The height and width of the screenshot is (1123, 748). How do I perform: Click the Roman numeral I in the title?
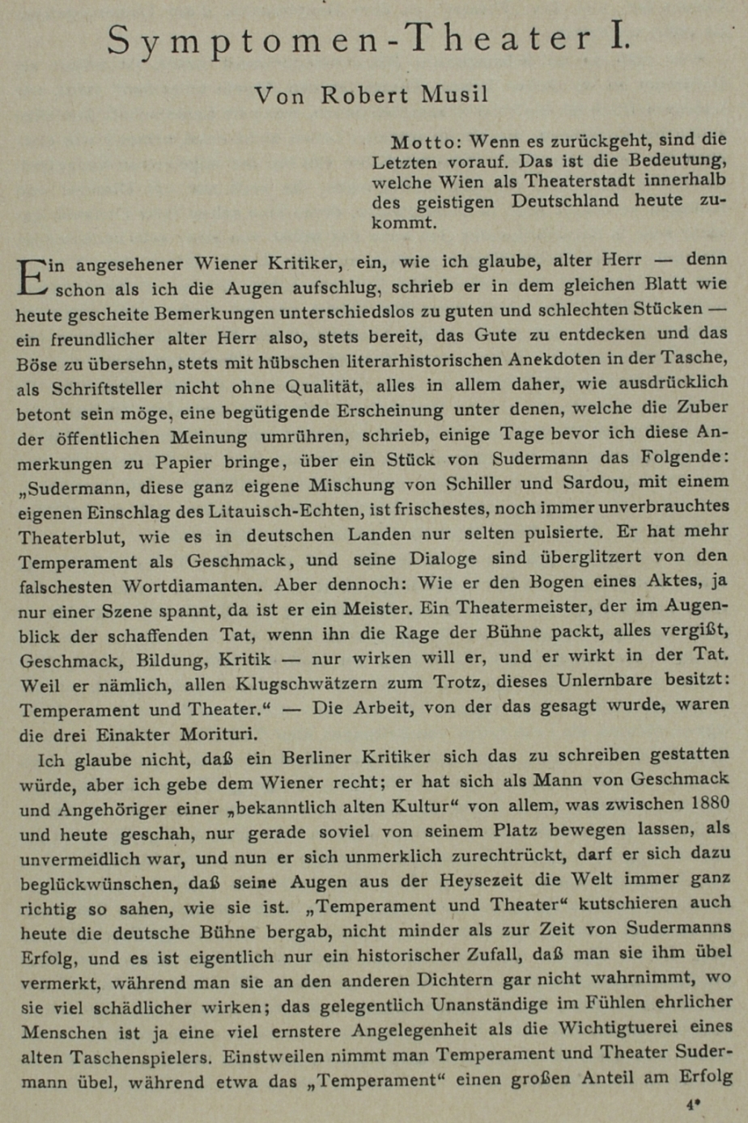pyautogui.click(x=619, y=39)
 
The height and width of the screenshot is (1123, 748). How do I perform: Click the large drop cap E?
pyautogui.click(x=32, y=275)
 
